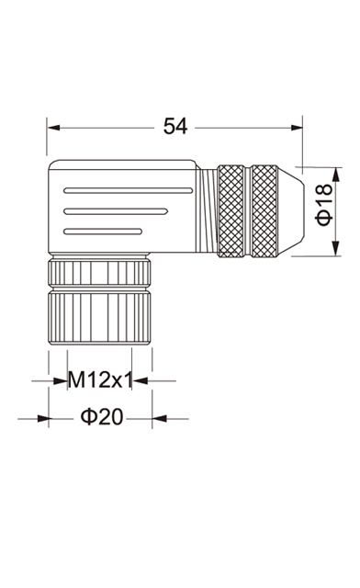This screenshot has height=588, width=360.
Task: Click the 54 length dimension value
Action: (175, 127)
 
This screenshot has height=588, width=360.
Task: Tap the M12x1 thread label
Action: (100, 380)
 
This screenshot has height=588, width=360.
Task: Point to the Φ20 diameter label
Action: (102, 416)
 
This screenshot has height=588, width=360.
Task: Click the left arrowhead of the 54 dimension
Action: (53, 128)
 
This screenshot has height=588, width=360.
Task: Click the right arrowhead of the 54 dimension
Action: (297, 128)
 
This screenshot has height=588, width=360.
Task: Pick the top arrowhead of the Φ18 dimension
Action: (335, 174)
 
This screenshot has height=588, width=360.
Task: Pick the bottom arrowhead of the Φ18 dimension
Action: (335, 249)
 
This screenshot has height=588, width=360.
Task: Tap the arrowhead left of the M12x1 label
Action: (61, 381)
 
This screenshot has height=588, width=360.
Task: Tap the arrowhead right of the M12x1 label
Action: (140, 381)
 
